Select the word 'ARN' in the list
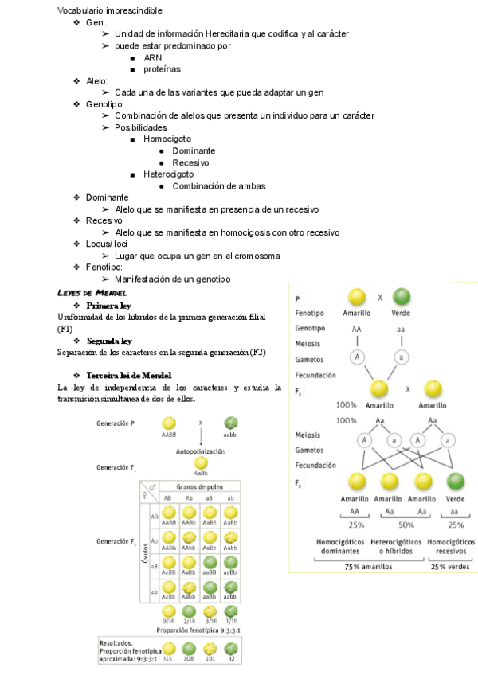tap(152, 57)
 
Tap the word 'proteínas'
tap(162, 69)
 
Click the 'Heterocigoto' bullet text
tap(168, 174)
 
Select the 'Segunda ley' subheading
tap(109, 340)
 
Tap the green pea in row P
tap(402, 298)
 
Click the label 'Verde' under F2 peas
tap(456, 499)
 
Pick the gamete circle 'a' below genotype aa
tap(402, 358)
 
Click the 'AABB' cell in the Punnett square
tap(168, 522)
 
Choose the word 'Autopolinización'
tap(201, 451)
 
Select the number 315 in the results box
tap(168, 658)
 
